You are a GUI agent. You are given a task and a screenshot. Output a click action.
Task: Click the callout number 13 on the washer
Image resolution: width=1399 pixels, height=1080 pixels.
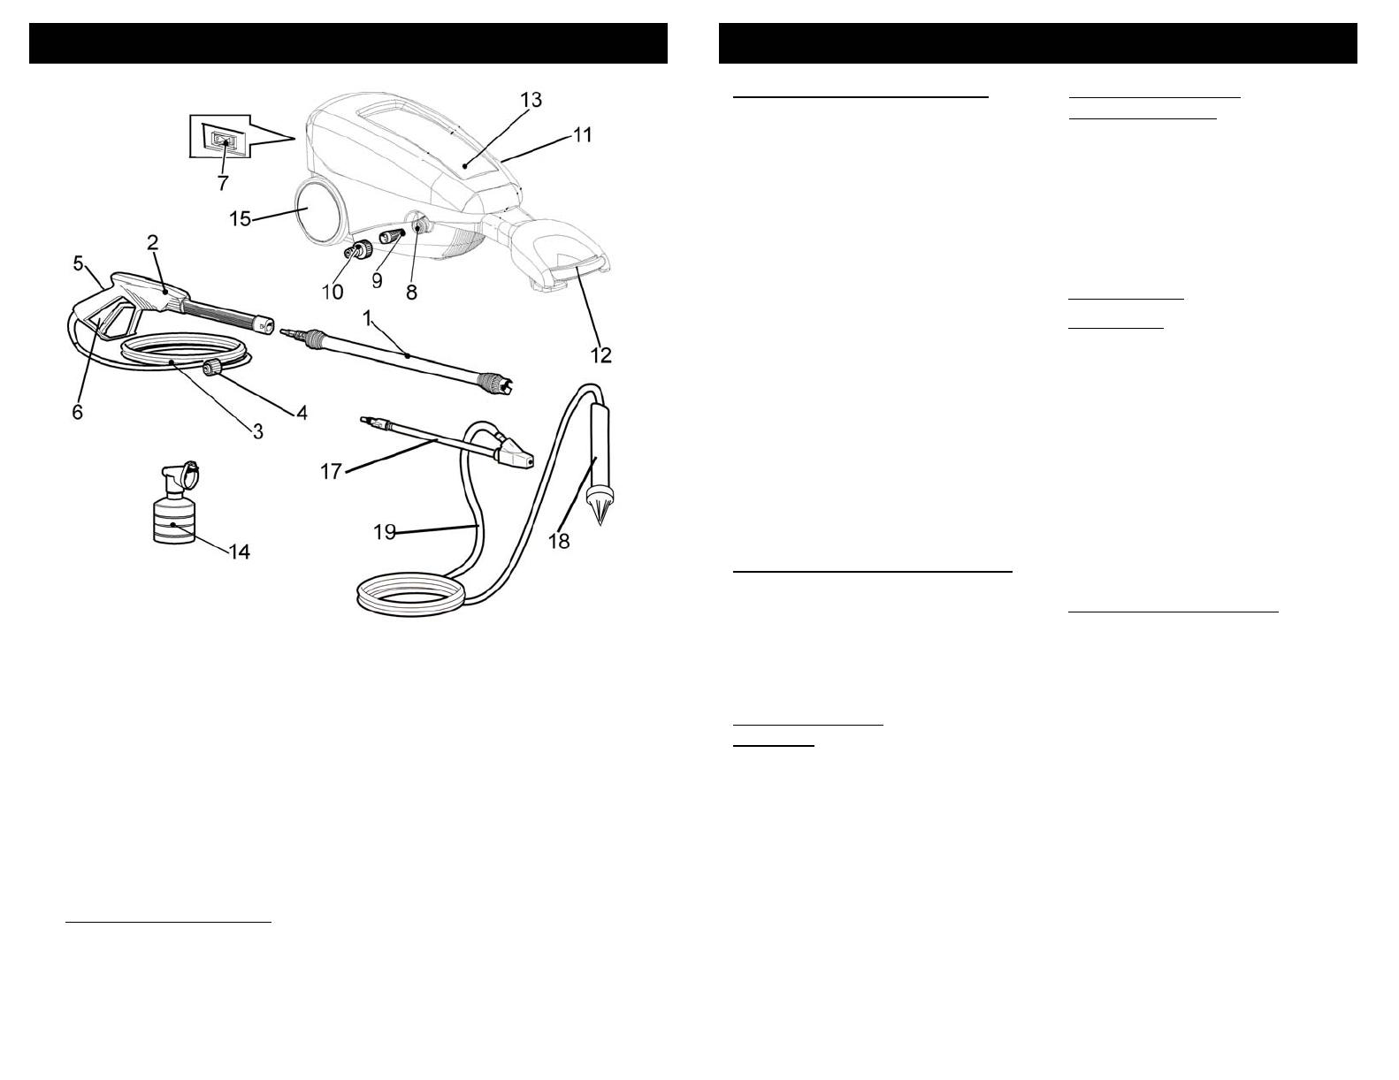(x=531, y=100)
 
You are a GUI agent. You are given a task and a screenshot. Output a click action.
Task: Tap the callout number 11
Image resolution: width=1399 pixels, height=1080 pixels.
(x=582, y=135)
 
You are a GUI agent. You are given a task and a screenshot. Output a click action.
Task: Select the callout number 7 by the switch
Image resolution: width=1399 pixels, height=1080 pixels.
(x=222, y=183)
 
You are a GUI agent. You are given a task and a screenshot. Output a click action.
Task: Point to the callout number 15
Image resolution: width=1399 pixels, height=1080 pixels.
(x=241, y=217)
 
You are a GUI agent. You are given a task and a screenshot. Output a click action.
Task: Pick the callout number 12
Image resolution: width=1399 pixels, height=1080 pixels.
(x=600, y=354)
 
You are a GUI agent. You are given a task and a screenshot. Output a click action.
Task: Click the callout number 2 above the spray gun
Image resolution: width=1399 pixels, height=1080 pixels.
(x=152, y=242)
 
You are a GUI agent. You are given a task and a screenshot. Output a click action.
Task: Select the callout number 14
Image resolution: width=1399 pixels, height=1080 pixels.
(x=239, y=551)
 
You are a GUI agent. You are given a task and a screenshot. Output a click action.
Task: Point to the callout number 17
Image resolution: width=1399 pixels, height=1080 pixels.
(x=331, y=472)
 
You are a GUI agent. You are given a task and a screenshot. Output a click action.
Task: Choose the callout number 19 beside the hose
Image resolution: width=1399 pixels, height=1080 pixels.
(x=385, y=532)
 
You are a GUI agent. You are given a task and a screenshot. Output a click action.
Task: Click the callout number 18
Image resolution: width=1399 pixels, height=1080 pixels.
(x=559, y=540)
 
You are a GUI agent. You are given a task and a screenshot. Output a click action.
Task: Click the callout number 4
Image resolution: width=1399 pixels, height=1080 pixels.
(x=301, y=412)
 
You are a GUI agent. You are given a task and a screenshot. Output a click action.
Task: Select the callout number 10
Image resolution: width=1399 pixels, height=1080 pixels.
(x=333, y=292)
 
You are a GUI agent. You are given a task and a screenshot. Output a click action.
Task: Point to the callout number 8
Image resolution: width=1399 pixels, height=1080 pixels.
(x=412, y=292)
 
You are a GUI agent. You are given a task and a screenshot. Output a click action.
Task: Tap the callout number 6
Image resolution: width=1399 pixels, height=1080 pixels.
(x=78, y=412)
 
